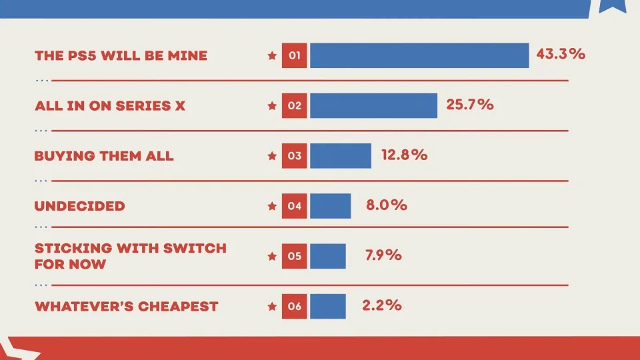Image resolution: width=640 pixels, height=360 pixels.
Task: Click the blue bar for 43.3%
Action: point(419,55)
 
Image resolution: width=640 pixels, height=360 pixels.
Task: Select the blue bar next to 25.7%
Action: point(373,105)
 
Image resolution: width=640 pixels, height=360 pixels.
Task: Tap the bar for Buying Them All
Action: point(341,156)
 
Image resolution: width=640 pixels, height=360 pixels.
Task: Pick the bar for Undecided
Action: point(330,206)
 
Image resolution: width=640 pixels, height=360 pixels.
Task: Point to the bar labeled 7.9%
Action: point(328,256)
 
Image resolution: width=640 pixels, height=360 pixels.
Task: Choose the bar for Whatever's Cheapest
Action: point(328,307)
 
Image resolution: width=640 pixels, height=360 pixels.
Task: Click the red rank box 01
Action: point(295,55)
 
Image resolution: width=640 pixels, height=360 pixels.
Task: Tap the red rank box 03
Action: point(295,156)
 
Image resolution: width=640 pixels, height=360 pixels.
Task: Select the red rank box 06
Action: point(295,307)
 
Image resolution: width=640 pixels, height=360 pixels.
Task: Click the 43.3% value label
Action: point(561,54)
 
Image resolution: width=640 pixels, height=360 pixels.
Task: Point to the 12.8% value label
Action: point(404,155)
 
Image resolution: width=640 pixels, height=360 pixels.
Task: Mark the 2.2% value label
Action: point(382,305)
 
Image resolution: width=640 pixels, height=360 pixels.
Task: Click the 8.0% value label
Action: point(387,205)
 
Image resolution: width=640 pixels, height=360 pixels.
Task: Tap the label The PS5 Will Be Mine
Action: point(121,56)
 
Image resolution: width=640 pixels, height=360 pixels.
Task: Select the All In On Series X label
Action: point(110,106)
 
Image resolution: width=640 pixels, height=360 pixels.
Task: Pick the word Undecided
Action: point(79,206)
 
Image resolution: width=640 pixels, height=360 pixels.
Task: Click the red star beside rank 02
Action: point(271,106)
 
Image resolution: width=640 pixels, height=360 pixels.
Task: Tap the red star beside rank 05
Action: point(271,257)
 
